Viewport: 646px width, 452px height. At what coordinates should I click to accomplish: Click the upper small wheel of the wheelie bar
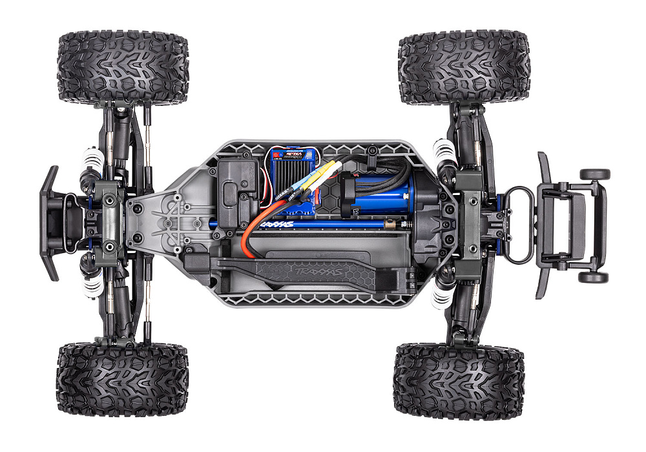pyautogui.click(x=594, y=174)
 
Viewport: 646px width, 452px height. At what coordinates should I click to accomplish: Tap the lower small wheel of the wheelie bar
pyautogui.click(x=594, y=277)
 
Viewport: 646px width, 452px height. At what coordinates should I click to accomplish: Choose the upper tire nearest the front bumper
pyautogui.click(x=123, y=68)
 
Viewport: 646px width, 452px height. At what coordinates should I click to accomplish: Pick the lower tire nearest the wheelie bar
pyautogui.click(x=458, y=381)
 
